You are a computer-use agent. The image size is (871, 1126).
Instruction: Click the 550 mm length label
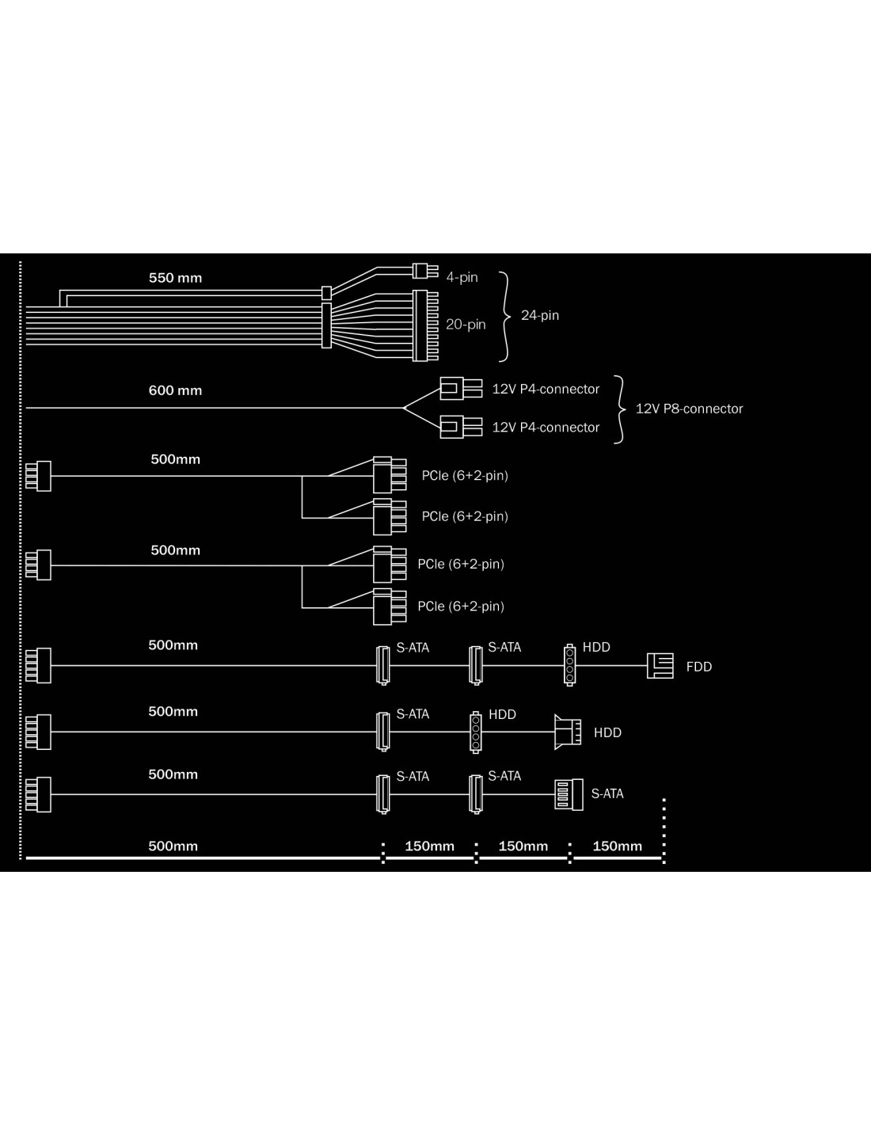click(x=175, y=278)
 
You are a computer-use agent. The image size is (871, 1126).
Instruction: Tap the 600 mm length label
click(x=175, y=390)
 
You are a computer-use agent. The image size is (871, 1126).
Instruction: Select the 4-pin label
click(x=462, y=277)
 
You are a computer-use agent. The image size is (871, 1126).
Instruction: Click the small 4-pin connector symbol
click(x=424, y=271)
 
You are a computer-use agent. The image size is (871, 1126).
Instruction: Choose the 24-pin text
click(x=539, y=315)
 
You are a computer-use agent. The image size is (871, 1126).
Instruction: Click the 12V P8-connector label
click(x=689, y=409)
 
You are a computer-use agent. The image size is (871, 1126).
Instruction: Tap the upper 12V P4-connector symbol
click(x=460, y=388)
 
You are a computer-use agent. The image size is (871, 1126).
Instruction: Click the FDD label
click(x=698, y=667)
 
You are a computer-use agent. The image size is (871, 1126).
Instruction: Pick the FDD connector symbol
click(x=660, y=666)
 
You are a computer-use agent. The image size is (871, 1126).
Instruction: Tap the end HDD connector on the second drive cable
click(x=568, y=732)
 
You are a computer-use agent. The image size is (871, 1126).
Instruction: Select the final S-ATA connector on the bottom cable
click(x=569, y=794)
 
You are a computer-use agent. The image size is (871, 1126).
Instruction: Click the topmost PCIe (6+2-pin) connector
click(x=389, y=475)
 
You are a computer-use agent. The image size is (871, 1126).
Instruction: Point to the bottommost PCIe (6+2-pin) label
click(x=460, y=606)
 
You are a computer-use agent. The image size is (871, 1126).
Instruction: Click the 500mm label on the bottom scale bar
click(x=173, y=846)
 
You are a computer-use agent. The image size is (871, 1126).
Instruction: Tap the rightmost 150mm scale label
click(x=617, y=846)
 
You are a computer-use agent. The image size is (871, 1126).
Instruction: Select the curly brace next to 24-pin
click(x=505, y=315)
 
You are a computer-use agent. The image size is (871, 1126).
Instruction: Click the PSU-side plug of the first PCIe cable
click(x=38, y=476)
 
